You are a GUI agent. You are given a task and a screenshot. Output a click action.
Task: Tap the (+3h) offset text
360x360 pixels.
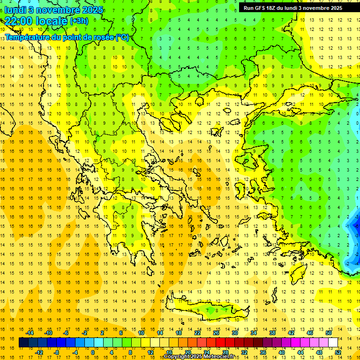pos(78,21)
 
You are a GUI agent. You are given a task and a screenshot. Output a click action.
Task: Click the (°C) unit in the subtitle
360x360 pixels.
pos(122,37)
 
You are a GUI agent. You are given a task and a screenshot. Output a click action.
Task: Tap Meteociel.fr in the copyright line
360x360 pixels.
pos(220,357)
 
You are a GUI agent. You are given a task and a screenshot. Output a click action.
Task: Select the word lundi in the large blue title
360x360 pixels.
pos(15,9)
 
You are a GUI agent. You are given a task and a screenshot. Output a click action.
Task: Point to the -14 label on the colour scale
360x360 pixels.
pos(30,332)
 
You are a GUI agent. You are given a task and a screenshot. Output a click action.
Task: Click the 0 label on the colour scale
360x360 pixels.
pos(93,352)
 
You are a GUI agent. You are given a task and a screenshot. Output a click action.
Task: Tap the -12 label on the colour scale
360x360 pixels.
pos(39,352)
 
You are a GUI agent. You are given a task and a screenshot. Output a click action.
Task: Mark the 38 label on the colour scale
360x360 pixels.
pos(272,332)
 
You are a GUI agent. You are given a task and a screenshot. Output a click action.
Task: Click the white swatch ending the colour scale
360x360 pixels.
pos(333,343)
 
